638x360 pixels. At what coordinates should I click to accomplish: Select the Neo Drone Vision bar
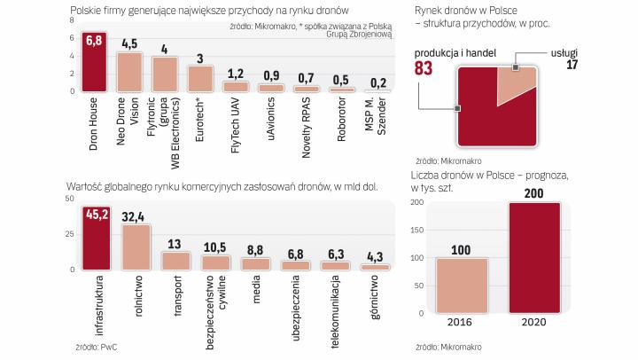[129, 72]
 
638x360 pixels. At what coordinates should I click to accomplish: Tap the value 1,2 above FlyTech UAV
[235, 74]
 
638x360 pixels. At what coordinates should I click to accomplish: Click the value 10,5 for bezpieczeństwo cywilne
[216, 248]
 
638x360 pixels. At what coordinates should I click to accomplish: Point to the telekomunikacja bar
[335, 264]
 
